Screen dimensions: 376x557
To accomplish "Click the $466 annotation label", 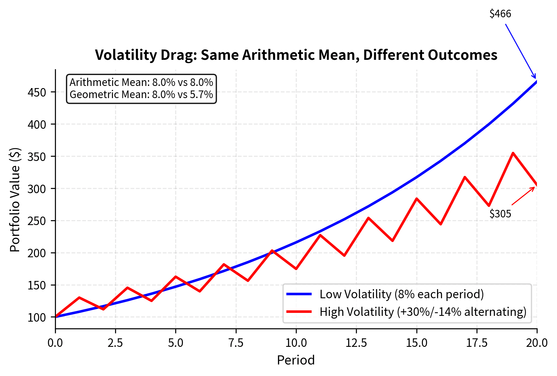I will click(x=500, y=14).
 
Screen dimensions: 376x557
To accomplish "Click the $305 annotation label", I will click(x=500, y=214).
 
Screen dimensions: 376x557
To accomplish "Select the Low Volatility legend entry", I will click(x=401, y=294).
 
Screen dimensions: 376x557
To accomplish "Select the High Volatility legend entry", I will click(x=422, y=312).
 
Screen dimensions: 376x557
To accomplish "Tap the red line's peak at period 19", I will click(x=513, y=153).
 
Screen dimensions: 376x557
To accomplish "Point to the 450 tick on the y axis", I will click(x=37, y=92).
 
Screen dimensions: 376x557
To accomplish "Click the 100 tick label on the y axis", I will click(x=37, y=317).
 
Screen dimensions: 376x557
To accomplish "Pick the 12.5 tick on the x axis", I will click(x=356, y=343).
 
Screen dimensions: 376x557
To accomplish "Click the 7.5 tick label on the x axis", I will click(x=236, y=343).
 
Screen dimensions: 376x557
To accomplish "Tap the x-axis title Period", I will click(x=296, y=360).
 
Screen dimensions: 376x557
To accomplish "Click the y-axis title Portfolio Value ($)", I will click(x=15, y=200).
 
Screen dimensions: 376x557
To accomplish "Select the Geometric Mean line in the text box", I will click(x=141, y=95).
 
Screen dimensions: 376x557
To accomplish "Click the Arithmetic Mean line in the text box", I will click(x=141, y=83).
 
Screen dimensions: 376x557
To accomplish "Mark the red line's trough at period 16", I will click(x=441, y=224).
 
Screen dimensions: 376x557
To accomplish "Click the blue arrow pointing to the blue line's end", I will click(x=521, y=51).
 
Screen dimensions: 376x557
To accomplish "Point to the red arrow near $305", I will click(x=523, y=196).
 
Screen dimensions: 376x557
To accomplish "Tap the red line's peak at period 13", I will click(x=368, y=218).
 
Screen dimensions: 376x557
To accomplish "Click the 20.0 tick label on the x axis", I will click(x=537, y=343).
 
